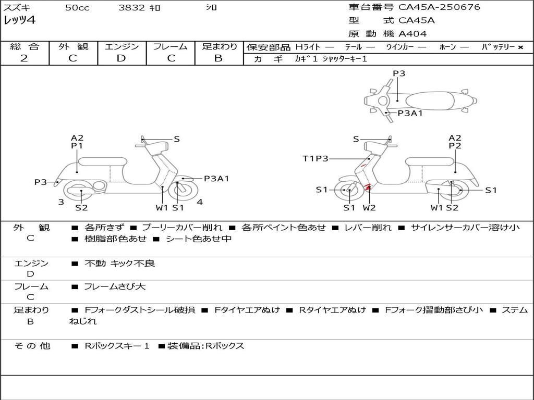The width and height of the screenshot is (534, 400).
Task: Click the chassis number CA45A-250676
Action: coord(439,7)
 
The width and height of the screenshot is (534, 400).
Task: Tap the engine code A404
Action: coord(412,34)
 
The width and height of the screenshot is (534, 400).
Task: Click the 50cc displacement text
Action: coord(77,8)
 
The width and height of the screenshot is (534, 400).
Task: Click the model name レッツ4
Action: coord(20,21)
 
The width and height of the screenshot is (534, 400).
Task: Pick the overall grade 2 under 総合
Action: coord(24,58)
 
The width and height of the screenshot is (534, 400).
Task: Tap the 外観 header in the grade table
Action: coord(73,47)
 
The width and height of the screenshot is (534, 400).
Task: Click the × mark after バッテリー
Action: coord(520,47)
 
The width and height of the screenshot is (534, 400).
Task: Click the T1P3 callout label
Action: coord(315,158)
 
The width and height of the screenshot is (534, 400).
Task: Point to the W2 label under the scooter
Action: coord(369,208)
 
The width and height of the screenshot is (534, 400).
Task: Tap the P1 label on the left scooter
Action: coord(77,146)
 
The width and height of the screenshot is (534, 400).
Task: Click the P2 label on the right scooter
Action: coord(455,146)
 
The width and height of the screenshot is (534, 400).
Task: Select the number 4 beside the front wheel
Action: coord(200,202)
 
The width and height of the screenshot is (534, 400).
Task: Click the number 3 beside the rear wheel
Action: coord(61,202)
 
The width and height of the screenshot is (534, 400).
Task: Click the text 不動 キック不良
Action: coord(119,264)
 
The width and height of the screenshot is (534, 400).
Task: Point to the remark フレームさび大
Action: coord(115,286)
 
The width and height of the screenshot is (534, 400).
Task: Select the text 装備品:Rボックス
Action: coord(205,346)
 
